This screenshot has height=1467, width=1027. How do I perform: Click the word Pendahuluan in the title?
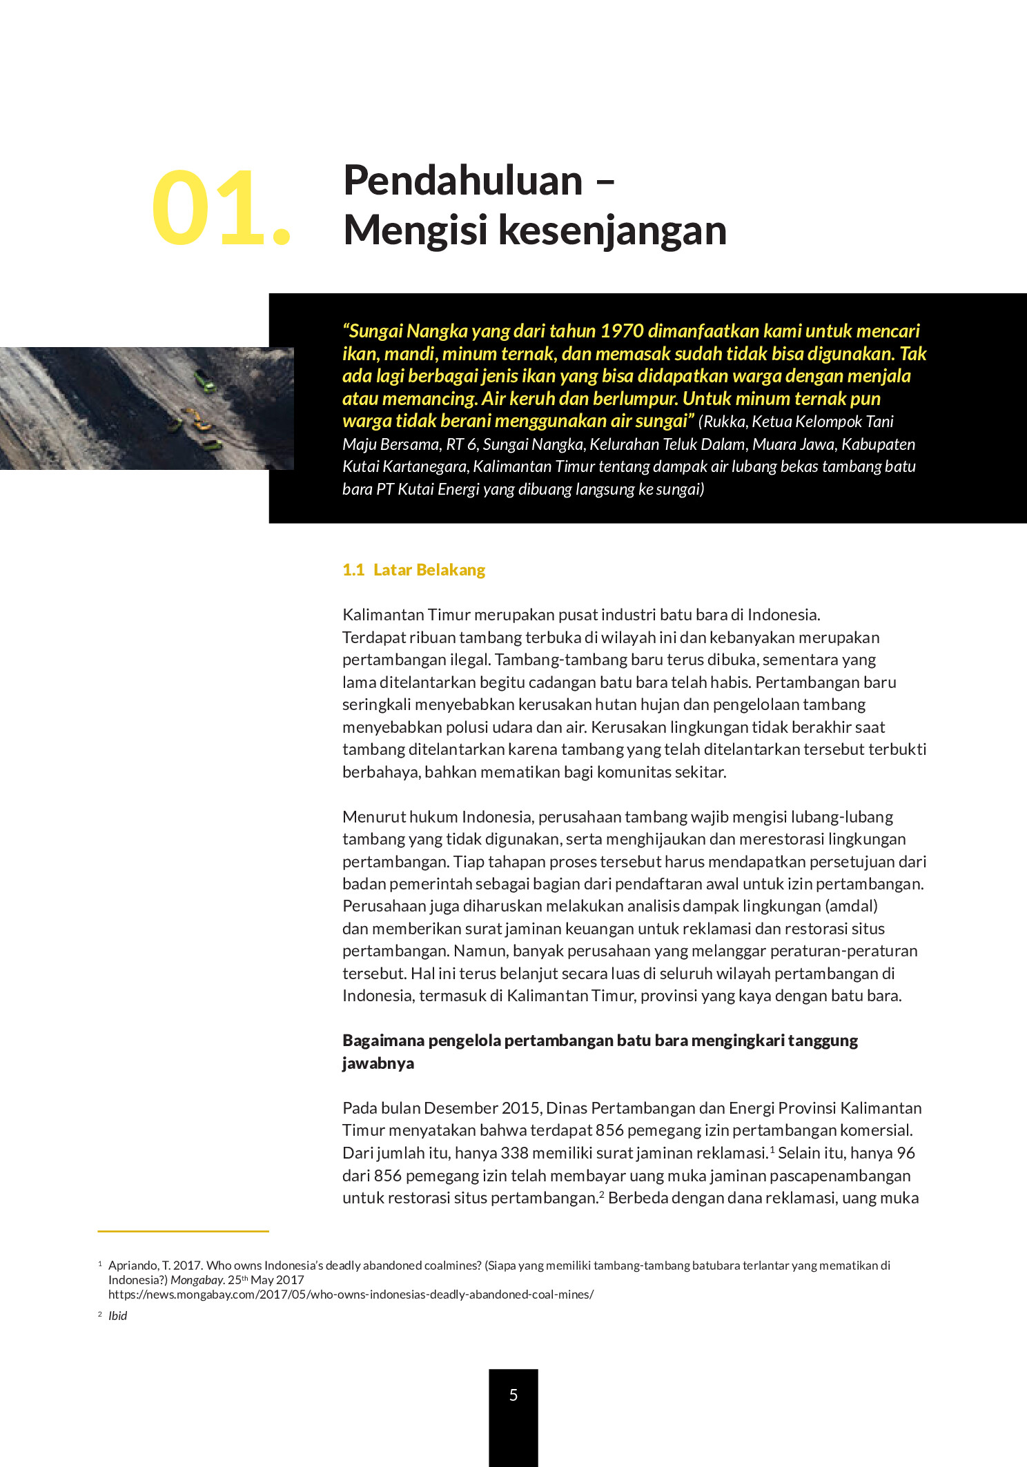462,181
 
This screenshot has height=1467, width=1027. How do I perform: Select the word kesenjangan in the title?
612,230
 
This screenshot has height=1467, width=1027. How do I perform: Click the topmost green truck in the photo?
205,380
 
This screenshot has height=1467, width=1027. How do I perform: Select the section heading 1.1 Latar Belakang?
413,570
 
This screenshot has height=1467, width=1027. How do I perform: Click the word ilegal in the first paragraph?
469,660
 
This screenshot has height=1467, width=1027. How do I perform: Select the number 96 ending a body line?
905,1153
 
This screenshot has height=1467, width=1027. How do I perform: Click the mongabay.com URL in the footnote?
351,1294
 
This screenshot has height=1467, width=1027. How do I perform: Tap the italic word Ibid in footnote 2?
118,1316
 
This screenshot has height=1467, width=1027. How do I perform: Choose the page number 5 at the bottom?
513,1395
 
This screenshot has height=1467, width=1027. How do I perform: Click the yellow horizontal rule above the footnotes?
183,1231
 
